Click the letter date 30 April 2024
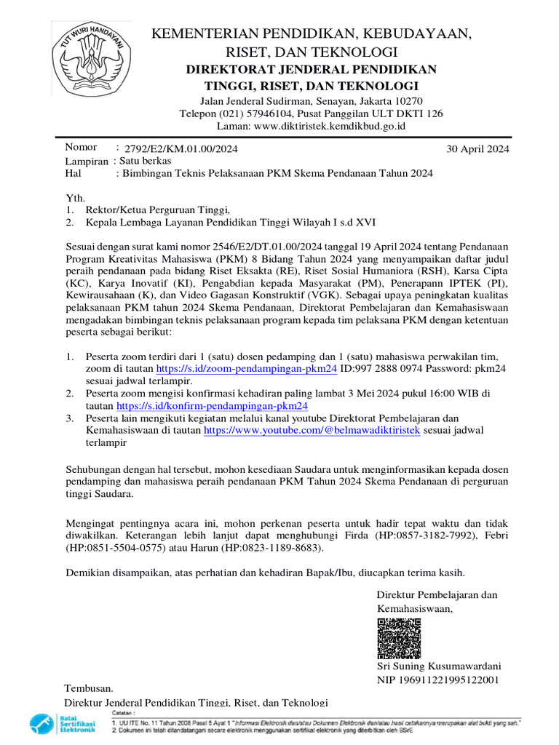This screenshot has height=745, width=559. click(477, 148)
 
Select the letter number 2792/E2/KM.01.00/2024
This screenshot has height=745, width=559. click(181, 148)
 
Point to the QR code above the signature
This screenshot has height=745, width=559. click(399, 639)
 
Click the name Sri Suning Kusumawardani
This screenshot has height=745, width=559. click(439, 666)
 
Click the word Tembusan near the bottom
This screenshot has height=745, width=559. click(89, 688)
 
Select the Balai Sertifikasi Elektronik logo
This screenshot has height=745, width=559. click(63, 724)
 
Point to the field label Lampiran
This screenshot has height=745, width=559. click(87, 161)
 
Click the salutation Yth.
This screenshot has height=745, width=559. click(76, 197)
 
